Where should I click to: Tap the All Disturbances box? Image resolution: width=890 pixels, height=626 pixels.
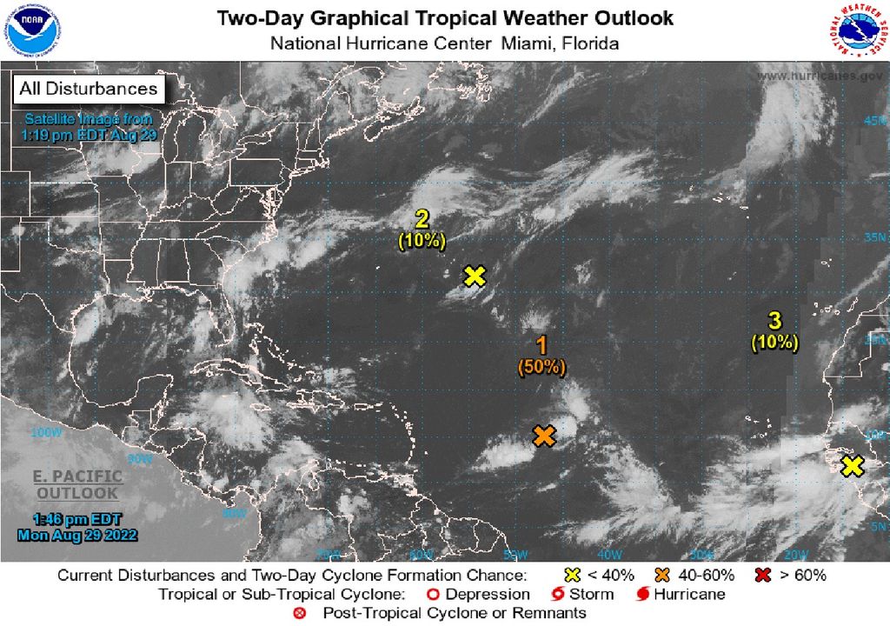[89, 89]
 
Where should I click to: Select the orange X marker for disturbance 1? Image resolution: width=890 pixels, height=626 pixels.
[544, 436]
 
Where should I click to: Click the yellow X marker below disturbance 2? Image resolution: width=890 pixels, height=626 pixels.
[474, 276]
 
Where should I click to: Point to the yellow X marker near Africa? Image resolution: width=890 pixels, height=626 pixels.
[853, 466]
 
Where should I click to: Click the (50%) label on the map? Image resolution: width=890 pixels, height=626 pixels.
[541, 368]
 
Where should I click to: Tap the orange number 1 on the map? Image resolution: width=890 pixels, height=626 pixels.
[541, 345]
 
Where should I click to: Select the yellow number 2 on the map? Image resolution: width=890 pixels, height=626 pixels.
[422, 218]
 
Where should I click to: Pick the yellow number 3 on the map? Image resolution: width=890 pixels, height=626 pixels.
[774, 320]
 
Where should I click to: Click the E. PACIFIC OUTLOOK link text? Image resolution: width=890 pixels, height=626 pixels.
[76, 486]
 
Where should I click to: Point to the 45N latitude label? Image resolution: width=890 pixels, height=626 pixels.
[874, 121]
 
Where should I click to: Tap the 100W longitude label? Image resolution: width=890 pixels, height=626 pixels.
[42, 432]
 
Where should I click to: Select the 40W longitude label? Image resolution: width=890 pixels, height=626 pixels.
[608, 554]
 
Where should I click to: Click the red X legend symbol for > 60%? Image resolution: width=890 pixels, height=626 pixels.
[765, 575]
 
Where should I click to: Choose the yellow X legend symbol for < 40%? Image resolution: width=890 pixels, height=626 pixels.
[572, 575]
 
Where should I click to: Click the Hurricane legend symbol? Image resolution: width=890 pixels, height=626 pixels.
[643, 595]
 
